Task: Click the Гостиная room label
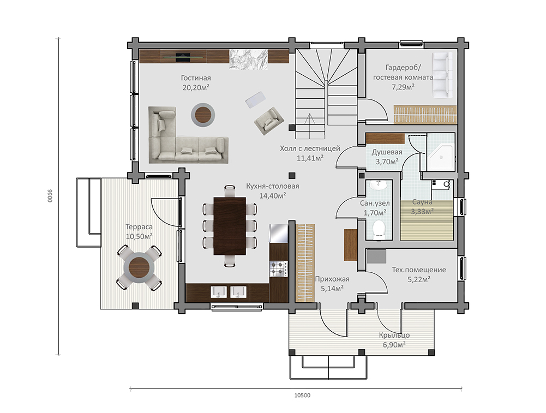click(x=196, y=78)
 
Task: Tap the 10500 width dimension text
click(x=302, y=395)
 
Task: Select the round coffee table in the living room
click(x=203, y=114)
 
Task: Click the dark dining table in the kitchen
click(x=230, y=226)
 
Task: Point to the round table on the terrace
click(x=139, y=267)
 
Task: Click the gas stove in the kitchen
click(x=279, y=269)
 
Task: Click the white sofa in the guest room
click(x=442, y=75)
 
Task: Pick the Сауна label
click(x=422, y=202)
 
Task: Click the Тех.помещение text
click(x=419, y=270)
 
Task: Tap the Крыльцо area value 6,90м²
click(x=394, y=345)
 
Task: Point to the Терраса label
click(x=139, y=227)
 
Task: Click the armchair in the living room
click(x=269, y=121)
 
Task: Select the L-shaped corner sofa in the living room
click(x=188, y=135)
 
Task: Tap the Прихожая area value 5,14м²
click(x=332, y=288)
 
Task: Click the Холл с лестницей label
click(x=310, y=149)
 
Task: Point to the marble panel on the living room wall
click(x=249, y=59)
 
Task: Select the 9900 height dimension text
click(x=50, y=196)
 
